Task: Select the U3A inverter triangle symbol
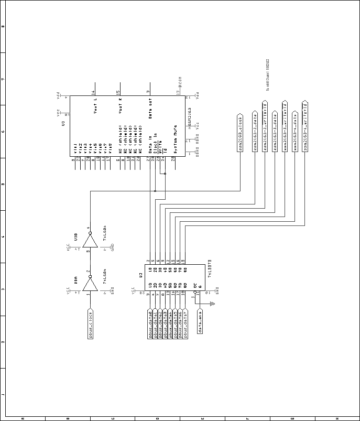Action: (x=90, y=284)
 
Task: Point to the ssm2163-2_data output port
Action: (x=255, y=131)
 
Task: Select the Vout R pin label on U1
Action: (x=120, y=105)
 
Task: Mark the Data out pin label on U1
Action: (x=150, y=109)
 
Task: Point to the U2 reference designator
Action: (x=140, y=274)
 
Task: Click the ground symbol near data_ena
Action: (x=212, y=303)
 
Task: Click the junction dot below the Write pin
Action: (x=165, y=175)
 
